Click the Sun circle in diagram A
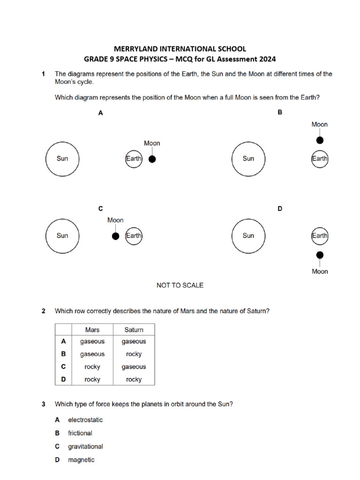62,158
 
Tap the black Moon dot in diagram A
152,159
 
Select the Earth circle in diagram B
320,159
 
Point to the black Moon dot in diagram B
320,140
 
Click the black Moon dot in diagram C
115,236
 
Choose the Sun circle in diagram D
248,236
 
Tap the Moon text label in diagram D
320,271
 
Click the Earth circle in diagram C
134,236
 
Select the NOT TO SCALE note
180,285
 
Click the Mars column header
92,330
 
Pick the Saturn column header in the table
134,330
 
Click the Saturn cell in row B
134,354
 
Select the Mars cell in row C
92,367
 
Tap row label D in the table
63,379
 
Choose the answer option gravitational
85,447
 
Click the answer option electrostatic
85,420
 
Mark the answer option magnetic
81,460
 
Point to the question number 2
43,311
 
